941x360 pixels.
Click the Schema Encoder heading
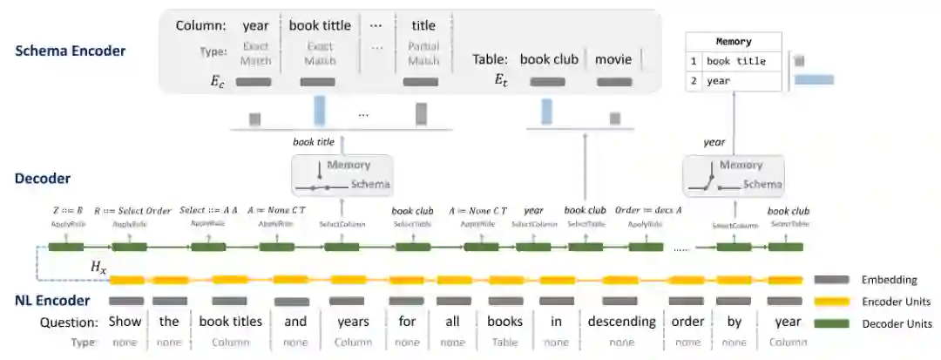[x=71, y=51]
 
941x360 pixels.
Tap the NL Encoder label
[x=52, y=301]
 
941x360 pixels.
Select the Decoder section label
[x=43, y=179]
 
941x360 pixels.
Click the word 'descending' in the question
[x=621, y=322]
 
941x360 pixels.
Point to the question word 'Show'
[x=125, y=322]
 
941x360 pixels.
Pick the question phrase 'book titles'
[x=230, y=322]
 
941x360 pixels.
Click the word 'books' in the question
[x=504, y=322]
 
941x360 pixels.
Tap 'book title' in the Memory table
[x=736, y=61]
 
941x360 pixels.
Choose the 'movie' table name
[x=613, y=59]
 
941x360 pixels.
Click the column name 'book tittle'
[x=320, y=26]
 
